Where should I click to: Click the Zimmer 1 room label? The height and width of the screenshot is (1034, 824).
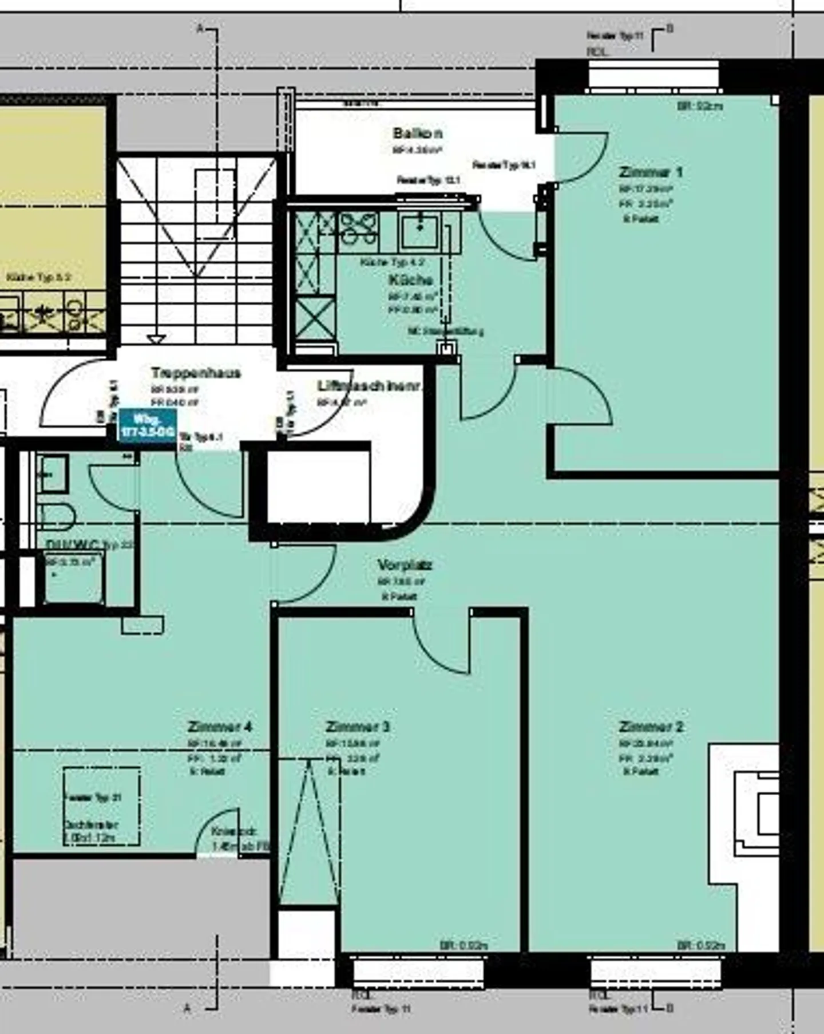click(651, 172)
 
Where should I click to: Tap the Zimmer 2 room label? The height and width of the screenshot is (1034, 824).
click(651, 727)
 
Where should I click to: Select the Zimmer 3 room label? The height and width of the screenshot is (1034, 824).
click(358, 727)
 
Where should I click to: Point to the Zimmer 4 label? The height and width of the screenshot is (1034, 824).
click(220, 727)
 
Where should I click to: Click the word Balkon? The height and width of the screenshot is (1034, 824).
click(418, 133)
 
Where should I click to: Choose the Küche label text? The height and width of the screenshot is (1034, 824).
click(410, 280)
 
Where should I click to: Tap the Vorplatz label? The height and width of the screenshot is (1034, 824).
click(405, 565)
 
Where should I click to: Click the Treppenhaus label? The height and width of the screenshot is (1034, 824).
click(196, 373)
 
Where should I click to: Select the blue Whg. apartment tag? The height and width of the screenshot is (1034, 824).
click(147, 426)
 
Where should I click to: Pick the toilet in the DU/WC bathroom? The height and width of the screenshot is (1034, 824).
click(56, 516)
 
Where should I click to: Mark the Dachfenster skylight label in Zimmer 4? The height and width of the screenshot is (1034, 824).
click(92, 825)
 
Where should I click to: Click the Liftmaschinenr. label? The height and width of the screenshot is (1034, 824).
click(369, 386)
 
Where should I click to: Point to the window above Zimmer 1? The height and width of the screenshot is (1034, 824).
click(654, 75)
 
